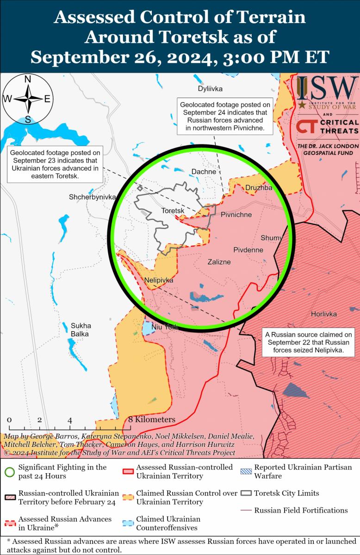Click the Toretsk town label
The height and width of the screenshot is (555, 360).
coord(173,211)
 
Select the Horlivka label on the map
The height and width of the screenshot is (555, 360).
coord(323,314)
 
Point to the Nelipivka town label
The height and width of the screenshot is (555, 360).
coord(159,280)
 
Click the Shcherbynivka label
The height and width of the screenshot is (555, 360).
coord(92,197)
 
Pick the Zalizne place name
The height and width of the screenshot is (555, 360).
coord(219,262)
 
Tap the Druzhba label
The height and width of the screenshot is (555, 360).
coord(259,188)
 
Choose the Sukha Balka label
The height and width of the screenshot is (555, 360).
coord(81,329)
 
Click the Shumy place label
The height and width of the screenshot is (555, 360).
coord(271,238)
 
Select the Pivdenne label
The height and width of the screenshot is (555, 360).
coord(248,250)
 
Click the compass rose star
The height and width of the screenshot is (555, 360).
coord(27,99)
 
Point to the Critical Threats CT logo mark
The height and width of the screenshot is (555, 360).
coord(307,127)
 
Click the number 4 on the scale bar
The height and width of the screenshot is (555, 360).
coord(70,420)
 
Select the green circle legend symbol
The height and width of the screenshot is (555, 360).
coord(9,472)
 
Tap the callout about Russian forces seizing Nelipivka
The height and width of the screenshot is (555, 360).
coord(309,343)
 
